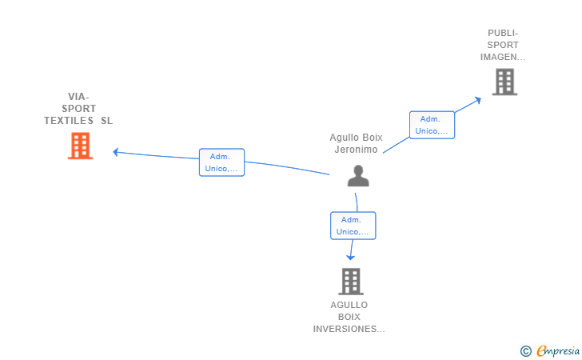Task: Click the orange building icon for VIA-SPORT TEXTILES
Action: [x=80, y=146]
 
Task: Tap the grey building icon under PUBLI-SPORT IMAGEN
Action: [x=504, y=82]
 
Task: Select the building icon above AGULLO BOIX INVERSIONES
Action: [x=351, y=282]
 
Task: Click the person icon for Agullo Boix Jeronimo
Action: [x=358, y=176]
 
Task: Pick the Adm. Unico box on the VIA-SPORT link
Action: [x=221, y=162]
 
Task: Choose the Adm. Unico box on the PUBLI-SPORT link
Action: [x=432, y=125]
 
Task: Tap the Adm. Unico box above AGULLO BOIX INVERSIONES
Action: [x=353, y=226]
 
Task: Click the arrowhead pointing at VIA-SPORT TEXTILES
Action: [x=116, y=152]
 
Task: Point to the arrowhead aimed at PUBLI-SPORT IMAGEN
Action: [x=478, y=100]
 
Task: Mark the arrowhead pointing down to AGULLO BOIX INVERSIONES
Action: [x=350, y=257]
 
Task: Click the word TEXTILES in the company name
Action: [x=69, y=121]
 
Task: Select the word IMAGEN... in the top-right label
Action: [x=503, y=58]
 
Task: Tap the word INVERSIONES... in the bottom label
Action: [x=349, y=329]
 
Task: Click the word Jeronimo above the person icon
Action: [x=356, y=150]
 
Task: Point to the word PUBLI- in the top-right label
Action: [x=503, y=33]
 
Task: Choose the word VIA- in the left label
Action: [x=78, y=97]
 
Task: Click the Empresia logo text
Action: [x=558, y=350]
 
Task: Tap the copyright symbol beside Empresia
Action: [x=526, y=351]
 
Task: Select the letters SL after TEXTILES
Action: [x=106, y=121]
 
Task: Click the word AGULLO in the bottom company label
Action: [x=349, y=305]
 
